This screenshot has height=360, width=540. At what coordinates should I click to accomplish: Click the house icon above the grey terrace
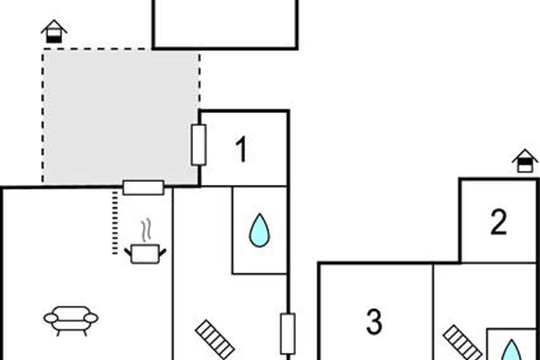pos(54,31)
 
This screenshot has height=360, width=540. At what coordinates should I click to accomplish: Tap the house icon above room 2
pos(525,161)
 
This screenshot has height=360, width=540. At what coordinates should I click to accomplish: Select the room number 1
pos(241,149)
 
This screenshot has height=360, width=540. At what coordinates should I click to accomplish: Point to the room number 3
pos(374,322)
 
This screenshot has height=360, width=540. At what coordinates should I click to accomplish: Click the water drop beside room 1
pos(259,230)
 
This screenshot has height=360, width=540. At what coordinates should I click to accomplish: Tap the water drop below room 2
pos(511,350)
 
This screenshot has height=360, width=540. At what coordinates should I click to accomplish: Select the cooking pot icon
pos(145,254)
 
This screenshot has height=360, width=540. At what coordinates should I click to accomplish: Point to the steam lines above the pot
pos(146,230)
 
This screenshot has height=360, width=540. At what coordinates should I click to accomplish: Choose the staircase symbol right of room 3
pos(463,343)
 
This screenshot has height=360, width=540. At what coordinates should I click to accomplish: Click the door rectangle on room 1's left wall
pos(198,145)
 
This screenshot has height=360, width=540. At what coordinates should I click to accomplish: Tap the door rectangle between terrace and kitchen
pos(144,188)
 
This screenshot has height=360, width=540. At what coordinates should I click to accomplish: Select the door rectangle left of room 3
pos(288,334)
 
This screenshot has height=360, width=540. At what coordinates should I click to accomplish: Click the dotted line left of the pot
pos(115,222)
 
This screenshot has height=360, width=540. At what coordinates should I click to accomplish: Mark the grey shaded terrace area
pos(121,117)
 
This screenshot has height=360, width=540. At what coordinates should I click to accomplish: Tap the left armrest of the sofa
pos(51,318)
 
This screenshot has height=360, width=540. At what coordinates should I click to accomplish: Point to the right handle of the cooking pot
pos(163,252)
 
